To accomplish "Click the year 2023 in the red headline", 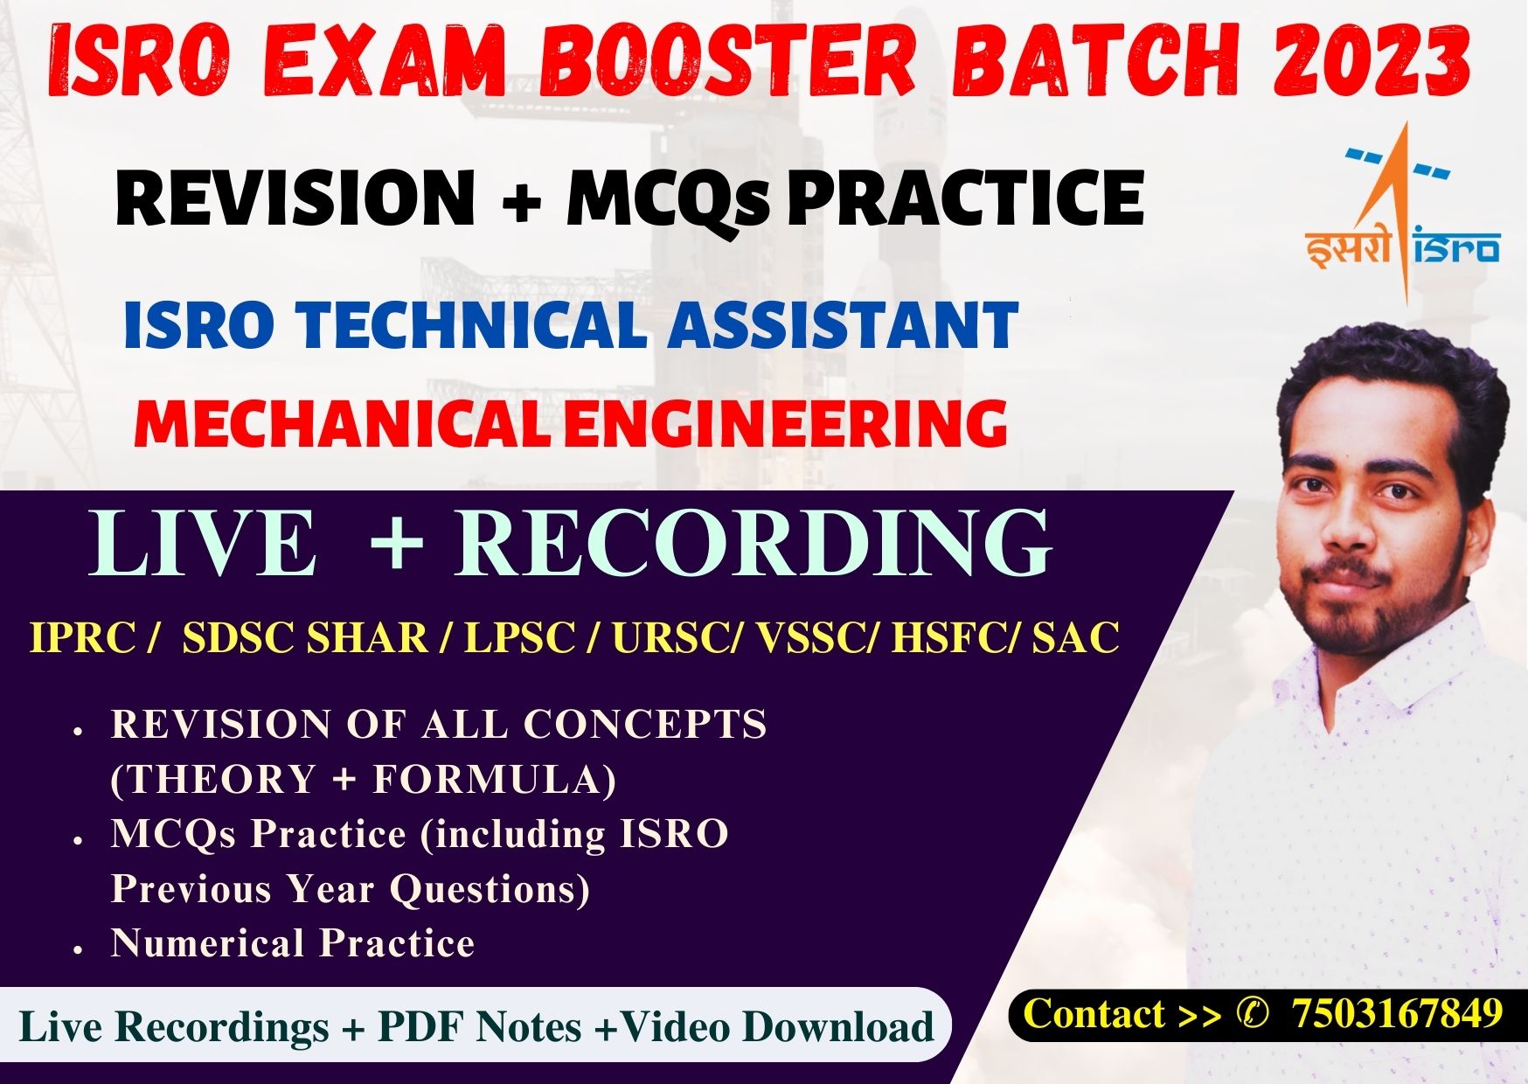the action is [1371, 59].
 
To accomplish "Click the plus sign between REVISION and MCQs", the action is [522, 199].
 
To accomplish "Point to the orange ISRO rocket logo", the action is [1402, 214].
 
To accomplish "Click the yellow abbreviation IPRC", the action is [82, 637].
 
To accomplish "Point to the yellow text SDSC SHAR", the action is [304, 637].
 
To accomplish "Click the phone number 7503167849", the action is [1397, 1014].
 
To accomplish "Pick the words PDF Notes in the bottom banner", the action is [479, 1026].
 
